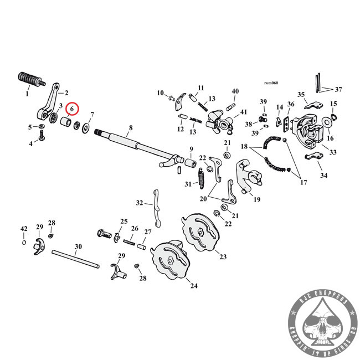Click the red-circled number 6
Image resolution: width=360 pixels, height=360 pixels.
click(x=72, y=110)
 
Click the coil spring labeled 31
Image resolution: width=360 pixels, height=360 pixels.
click(x=203, y=180)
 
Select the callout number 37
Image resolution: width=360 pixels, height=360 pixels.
click(x=338, y=89)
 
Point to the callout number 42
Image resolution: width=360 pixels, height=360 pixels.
click(x=24, y=229)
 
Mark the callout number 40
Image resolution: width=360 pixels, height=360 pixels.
click(x=235, y=91)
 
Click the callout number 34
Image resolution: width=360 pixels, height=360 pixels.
click(x=323, y=176)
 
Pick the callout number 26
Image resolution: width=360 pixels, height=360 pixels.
click(x=135, y=228)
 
